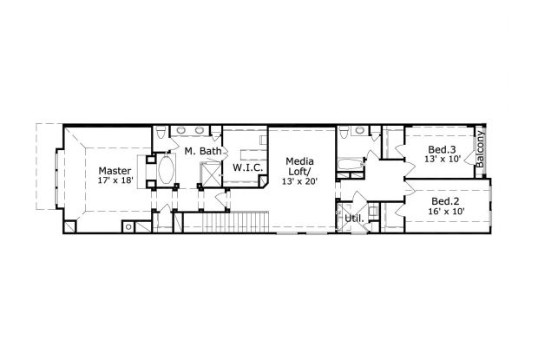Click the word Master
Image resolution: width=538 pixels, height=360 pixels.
[x=115, y=171]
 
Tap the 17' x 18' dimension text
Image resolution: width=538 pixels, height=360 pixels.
[x=115, y=182]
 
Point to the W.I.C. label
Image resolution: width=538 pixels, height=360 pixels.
[x=248, y=167]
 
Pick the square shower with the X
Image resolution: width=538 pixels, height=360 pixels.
[x=211, y=173]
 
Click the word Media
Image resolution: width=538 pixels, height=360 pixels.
[x=300, y=162]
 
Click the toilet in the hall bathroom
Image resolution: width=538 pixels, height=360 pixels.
[x=344, y=134]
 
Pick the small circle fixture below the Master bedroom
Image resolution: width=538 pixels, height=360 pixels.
[x=128, y=226]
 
